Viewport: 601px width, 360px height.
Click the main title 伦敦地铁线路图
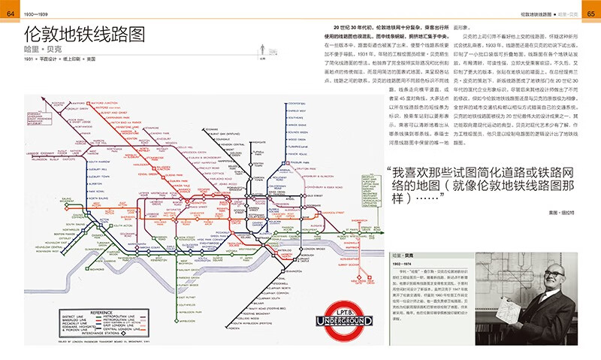pyautogui.click(x=83, y=35)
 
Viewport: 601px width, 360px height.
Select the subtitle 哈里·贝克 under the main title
pyautogui.click(x=47, y=50)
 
